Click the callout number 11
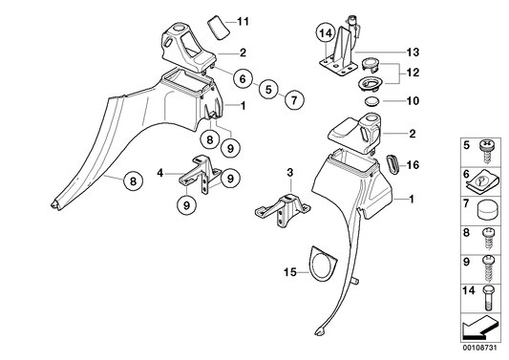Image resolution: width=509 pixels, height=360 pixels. point(243,22)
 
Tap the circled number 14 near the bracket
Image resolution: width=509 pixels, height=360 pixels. point(326,33)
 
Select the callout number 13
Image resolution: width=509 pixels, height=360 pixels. point(413,52)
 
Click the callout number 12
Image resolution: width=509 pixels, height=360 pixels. point(413,72)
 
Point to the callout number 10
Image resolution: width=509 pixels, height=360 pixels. point(413,101)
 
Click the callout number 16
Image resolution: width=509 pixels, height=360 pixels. point(413,165)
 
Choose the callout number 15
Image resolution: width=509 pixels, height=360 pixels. point(290,272)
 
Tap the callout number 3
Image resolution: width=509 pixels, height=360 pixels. point(290,173)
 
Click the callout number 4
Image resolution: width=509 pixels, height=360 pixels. point(160,174)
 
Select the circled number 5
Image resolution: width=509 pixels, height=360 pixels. point(268,89)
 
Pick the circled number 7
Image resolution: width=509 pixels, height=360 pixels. point(294,100)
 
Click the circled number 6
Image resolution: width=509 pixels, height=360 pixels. point(243,78)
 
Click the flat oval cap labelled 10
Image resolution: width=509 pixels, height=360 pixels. point(373,101)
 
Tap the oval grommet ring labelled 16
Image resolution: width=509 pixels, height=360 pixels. point(393,165)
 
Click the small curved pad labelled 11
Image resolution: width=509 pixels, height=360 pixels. point(219,28)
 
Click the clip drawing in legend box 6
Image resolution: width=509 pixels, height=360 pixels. point(481,183)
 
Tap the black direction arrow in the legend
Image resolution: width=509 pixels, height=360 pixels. point(479,328)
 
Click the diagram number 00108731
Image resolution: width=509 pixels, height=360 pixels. point(479,347)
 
